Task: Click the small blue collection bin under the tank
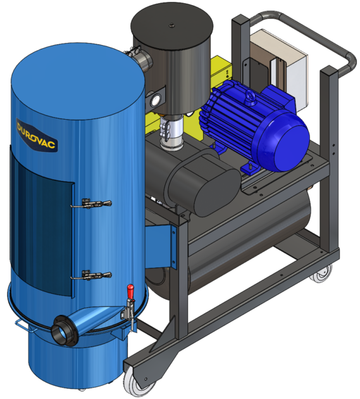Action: coord(76,364)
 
